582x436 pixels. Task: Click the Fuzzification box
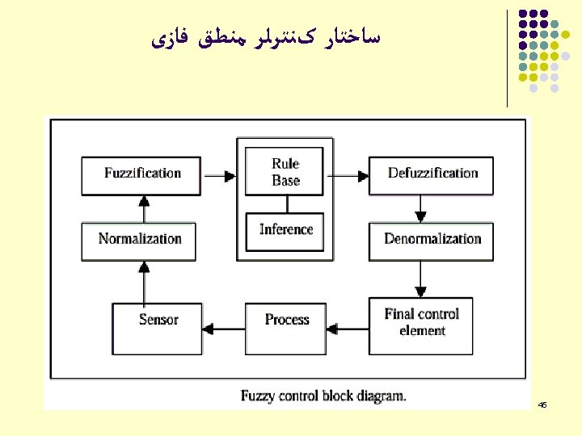coord(141,174)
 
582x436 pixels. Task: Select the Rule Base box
coord(285,172)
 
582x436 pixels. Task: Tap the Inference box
coord(285,230)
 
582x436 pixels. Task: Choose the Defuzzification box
coord(432,174)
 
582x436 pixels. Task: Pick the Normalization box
coord(139,240)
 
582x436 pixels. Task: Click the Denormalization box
coord(432,240)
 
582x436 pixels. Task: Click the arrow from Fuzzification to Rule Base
coord(218,174)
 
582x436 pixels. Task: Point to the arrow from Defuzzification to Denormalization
coord(420,208)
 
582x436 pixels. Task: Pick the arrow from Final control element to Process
coord(348,328)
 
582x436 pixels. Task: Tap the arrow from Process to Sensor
coord(223,328)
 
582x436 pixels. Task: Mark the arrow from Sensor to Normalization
coord(143,282)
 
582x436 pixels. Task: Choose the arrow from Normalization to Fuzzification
coord(143,209)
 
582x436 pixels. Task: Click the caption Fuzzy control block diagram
coord(323,396)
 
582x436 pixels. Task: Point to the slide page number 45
coord(542,404)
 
